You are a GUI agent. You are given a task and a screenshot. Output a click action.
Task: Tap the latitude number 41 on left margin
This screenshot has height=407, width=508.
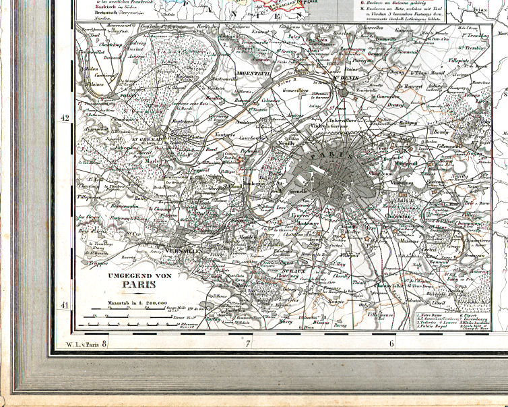click(65, 306)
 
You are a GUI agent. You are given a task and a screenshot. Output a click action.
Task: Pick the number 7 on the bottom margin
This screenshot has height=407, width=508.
click(247, 344)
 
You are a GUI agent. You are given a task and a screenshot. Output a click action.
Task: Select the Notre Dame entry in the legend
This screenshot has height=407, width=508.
click(431, 315)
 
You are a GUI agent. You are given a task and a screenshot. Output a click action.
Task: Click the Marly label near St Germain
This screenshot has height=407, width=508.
click(152, 161)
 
